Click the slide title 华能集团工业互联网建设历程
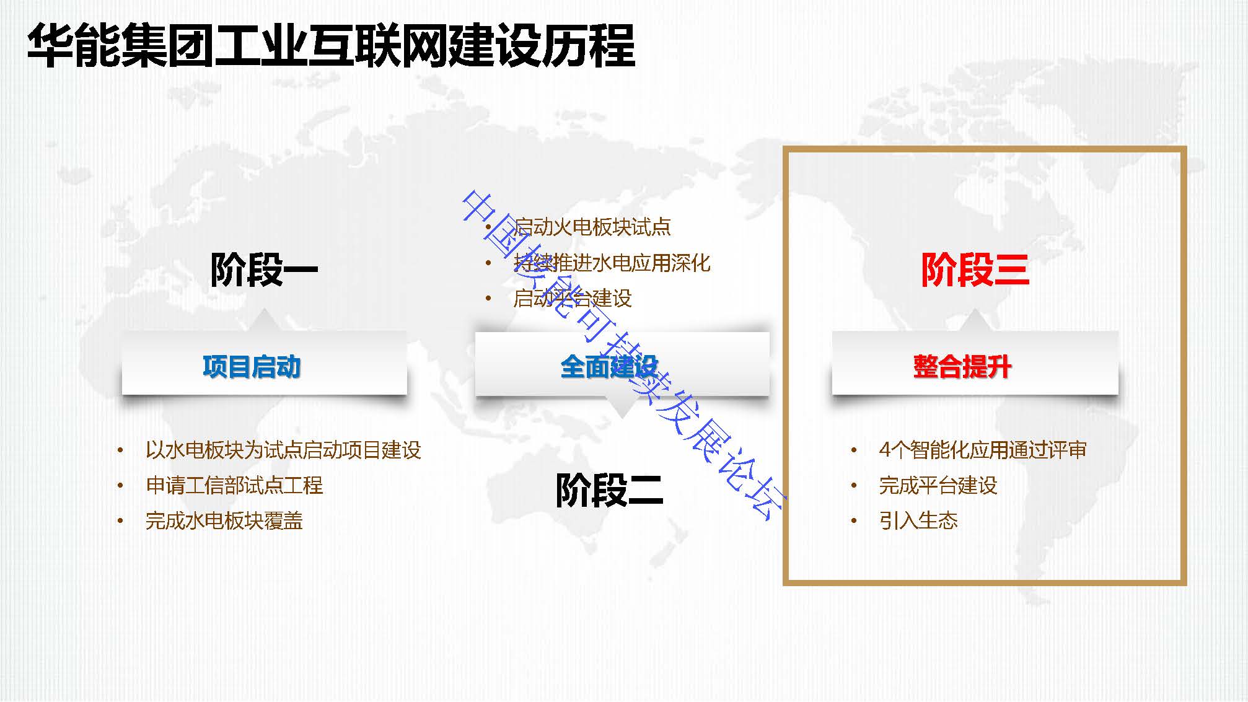coord(331,45)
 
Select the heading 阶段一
coord(264,270)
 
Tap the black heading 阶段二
coord(609,490)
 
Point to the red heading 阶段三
coord(975,270)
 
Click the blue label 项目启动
coord(252,366)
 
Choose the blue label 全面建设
coord(609,366)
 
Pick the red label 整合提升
coord(962,366)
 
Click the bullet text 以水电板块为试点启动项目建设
coord(283,450)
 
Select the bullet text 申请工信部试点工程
coord(234,485)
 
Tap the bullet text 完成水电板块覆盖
coord(224,520)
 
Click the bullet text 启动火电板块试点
coord(592,227)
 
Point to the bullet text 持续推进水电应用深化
coord(612,263)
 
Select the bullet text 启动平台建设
coord(572,298)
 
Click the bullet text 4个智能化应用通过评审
coord(983,450)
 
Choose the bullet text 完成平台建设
coord(938,485)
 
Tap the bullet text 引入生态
coord(918,520)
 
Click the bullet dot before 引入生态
coord(854,521)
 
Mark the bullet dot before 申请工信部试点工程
coord(120,486)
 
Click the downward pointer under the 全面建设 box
coord(622,406)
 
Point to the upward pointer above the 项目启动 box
coord(265,321)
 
